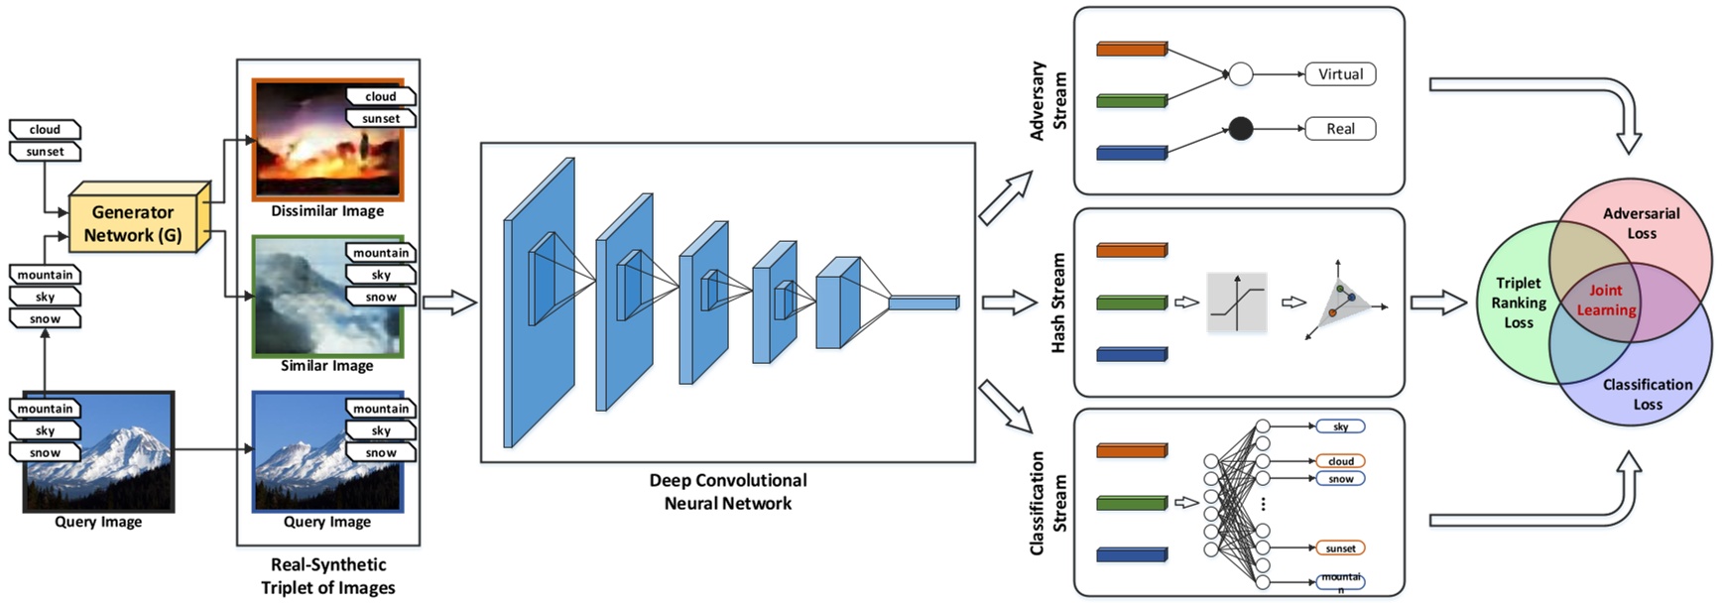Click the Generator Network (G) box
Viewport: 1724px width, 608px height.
[x=133, y=223]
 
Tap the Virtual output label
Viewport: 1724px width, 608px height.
[x=1340, y=74]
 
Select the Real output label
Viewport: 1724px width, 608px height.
[x=1340, y=129]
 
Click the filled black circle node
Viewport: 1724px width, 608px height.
[x=1240, y=129]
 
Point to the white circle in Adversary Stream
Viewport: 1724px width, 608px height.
[x=1240, y=74]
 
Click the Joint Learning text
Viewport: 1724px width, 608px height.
[x=1606, y=300]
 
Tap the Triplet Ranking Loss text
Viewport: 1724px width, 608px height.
[x=1518, y=303]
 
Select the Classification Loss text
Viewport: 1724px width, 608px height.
[x=1647, y=394]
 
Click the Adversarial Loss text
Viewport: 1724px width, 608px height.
[x=1641, y=223]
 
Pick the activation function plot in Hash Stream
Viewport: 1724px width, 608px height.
[x=1237, y=303]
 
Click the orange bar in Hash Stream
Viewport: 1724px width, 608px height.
[x=1132, y=251]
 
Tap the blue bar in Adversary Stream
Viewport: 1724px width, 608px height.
[x=1132, y=153]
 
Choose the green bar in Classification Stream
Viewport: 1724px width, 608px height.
[x=1132, y=504]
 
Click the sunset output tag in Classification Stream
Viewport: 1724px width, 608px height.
[x=1340, y=548]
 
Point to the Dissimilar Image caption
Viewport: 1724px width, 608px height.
[x=327, y=211]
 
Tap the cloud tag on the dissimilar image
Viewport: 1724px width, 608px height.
[x=380, y=96]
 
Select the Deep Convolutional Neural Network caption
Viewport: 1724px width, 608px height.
[x=727, y=492]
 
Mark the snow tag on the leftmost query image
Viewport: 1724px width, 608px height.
[x=45, y=452]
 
